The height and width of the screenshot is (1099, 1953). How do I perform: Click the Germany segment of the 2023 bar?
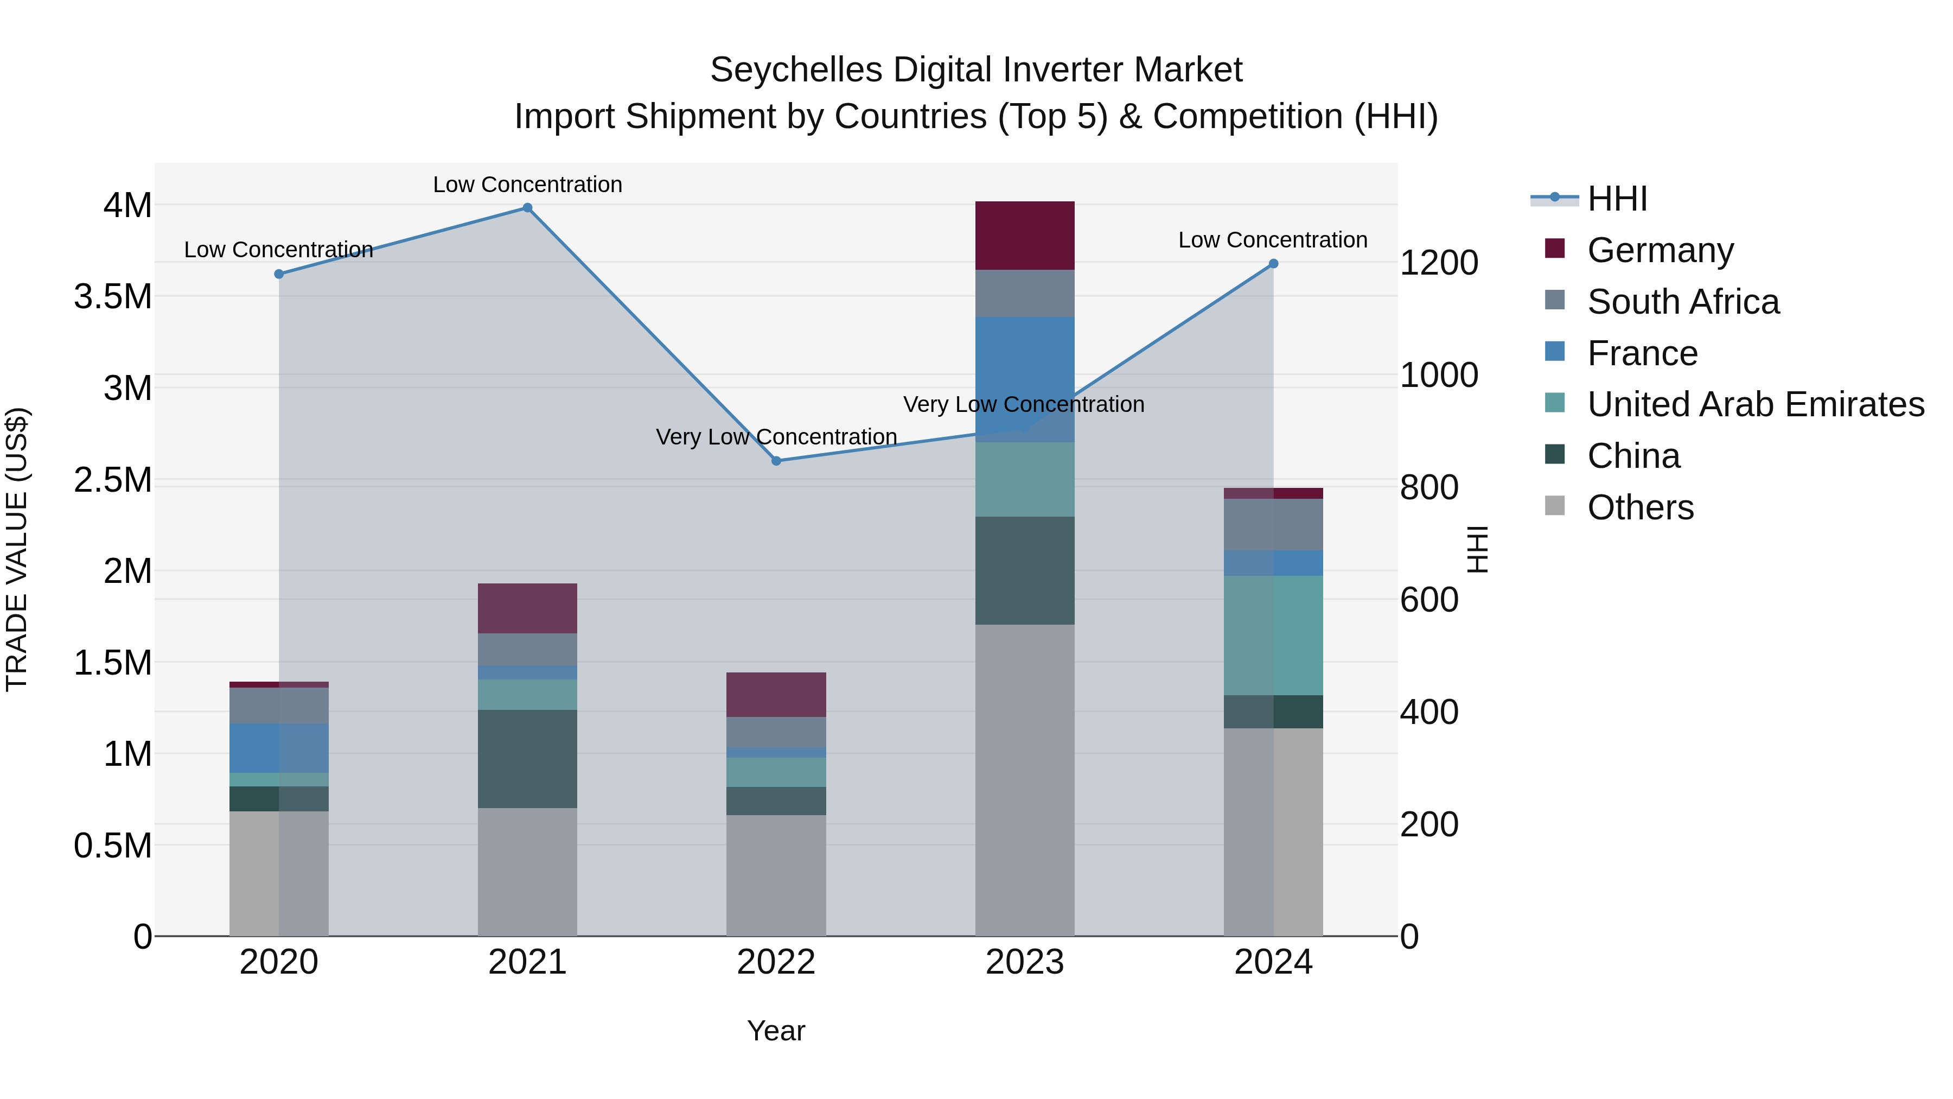click(1024, 236)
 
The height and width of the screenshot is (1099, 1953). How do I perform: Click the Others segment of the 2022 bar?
click(776, 875)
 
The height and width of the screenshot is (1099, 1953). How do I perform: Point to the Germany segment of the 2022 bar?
click(776, 695)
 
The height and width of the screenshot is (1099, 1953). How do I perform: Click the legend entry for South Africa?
click(1682, 302)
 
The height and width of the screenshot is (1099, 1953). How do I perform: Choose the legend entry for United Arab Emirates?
click(1755, 404)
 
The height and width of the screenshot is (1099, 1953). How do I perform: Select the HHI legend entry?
click(1617, 199)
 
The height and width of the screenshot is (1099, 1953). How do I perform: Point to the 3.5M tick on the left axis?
click(113, 296)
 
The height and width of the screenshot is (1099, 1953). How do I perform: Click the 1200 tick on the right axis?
click(1438, 263)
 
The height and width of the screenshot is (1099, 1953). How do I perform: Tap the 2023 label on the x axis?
click(1024, 962)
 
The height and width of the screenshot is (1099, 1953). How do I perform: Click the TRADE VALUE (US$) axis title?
click(17, 549)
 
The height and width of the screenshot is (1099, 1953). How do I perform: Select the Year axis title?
click(776, 1031)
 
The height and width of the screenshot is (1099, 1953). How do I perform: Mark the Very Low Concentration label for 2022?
click(776, 437)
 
